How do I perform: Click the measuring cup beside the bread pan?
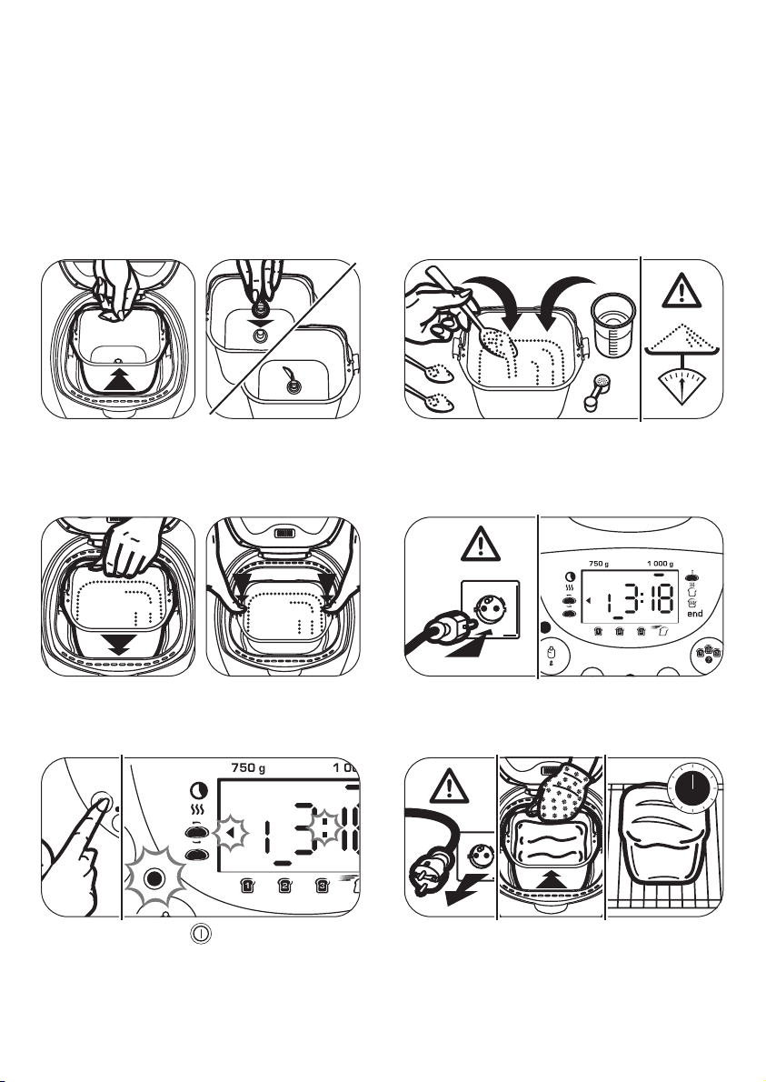pyautogui.click(x=613, y=325)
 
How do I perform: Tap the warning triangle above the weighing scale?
pyautogui.click(x=681, y=291)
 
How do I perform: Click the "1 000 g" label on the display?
pyautogui.click(x=660, y=564)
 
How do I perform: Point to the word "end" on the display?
pyautogui.click(x=695, y=614)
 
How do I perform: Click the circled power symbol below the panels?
pyautogui.click(x=201, y=934)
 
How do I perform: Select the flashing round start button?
pyautogui.click(x=154, y=878)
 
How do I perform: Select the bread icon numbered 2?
pyautogui.click(x=284, y=886)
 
